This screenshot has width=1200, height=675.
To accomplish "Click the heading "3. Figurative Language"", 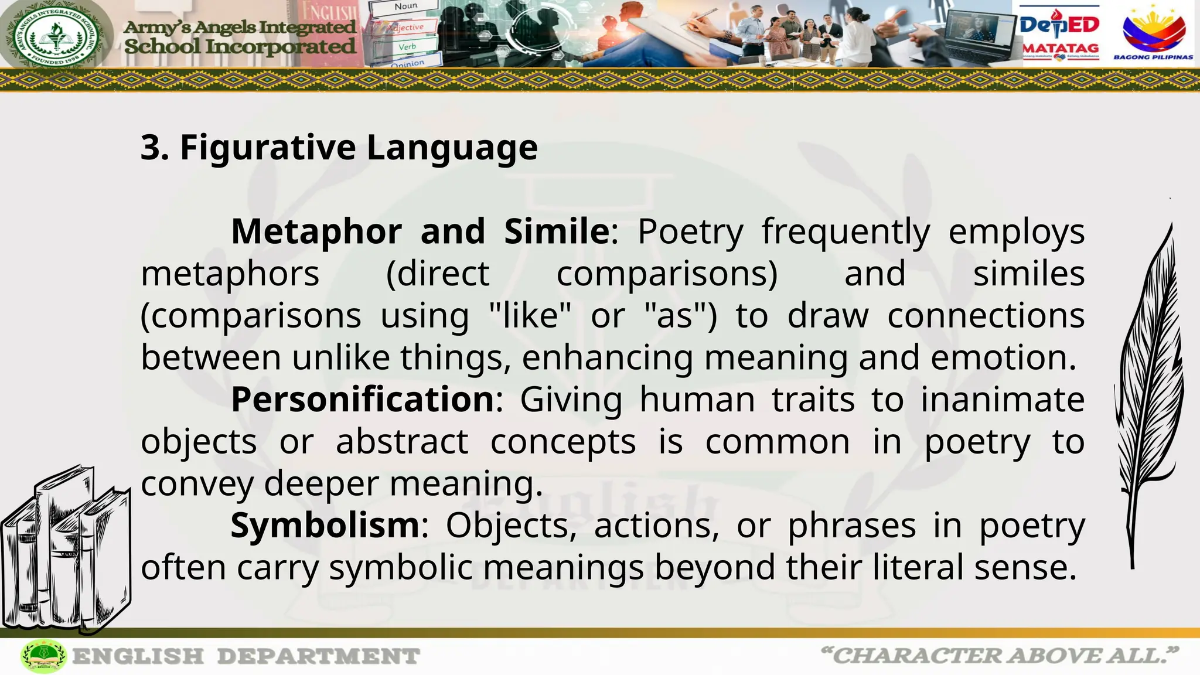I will click(339, 147).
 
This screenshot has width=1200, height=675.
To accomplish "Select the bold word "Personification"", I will click(363, 400).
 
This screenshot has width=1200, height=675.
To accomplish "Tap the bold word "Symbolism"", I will click(325, 526).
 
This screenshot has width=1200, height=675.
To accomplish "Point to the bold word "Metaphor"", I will click(316, 231).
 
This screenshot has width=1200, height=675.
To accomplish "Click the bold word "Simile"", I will click(557, 231).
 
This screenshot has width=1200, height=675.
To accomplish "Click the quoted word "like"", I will click(530, 316).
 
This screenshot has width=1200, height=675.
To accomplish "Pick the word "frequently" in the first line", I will click(846, 231).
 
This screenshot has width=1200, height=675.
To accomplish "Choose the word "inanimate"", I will click(1002, 400).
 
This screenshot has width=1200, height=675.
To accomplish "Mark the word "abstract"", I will click(402, 442).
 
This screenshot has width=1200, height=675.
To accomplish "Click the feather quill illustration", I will click(1148, 393).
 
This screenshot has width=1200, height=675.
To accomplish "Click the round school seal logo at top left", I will click(56, 35).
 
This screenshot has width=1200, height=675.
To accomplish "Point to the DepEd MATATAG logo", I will click(1060, 35).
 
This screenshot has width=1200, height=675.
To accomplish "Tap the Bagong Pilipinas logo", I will click(1153, 35).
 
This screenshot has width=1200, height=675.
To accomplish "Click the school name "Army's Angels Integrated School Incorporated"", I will click(240, 36).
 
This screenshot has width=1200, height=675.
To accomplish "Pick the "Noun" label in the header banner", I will click(406, 6).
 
